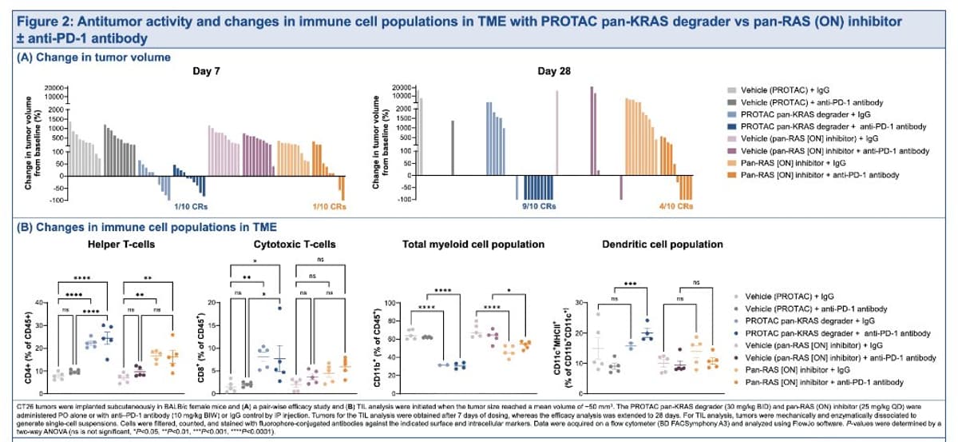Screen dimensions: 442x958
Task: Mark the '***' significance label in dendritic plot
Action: [x=630, y=283]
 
